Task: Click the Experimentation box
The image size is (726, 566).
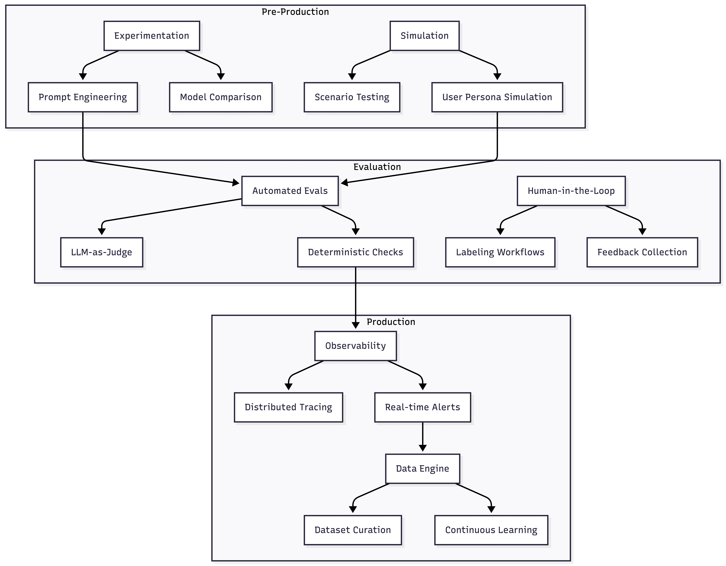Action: [x=152, y=36]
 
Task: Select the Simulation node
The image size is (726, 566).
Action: [x=424, y=36]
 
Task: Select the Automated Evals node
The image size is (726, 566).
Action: [x=290, y=191]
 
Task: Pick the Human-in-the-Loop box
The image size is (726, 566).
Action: [x=571, y=191]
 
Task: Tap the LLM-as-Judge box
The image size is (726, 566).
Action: [x=102, y=252]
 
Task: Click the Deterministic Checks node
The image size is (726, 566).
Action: [x=355, y=252]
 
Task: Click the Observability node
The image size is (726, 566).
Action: [x=355, y=346]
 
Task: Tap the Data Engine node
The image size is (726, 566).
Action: [x=423, y=469]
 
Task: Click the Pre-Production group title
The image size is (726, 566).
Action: [x=295, y=12]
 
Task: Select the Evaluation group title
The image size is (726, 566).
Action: [x=377, y=167]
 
